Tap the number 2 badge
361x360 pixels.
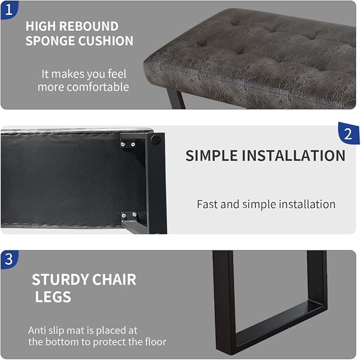click(x=348, y=134)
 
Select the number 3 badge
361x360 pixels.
click(x=9, y=259)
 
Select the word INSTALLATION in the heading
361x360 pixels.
click(x=293, y=156)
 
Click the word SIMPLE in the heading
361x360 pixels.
click(x=212, y=156)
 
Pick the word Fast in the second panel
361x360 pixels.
click(x=207, y=204)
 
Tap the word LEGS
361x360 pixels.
click(x=53, y=297)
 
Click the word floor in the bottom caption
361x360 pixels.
click(x=153, y=342)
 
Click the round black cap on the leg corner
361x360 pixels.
click(x=155, y=140)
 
